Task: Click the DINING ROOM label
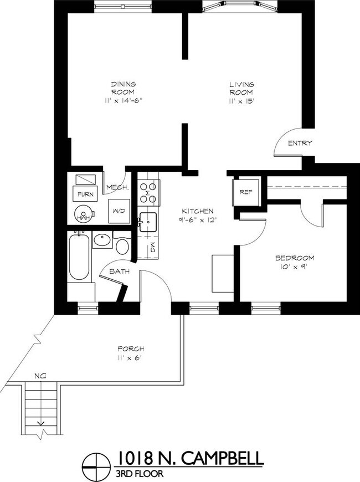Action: (x=123, y=88)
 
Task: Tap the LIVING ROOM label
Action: (x=241, y=88)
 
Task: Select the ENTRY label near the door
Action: (x=300, y=143)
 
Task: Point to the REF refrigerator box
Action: (x=246, y=192)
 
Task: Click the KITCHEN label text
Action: (x=198, y=212)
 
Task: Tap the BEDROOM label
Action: (x=295, y=258)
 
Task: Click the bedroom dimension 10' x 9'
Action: (x=295, y=267)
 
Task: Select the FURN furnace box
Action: (x=84, y=194)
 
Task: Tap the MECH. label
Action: (x=117, y=187)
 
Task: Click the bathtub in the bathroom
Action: (x=78, y=258)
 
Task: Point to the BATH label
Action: (x=119, y=272)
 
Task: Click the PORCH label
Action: (x=131, y=348)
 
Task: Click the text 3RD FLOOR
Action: (x=139, y=473)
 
